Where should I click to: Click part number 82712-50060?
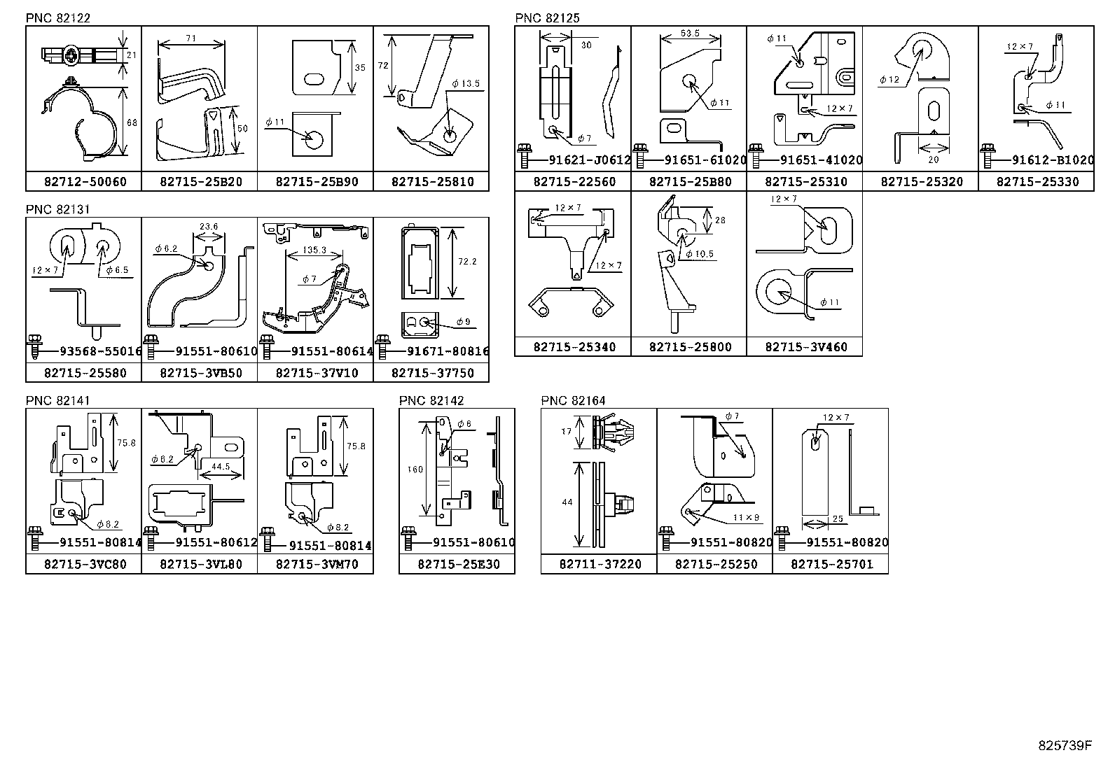pos(84,182)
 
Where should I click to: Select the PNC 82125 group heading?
pos(547,18)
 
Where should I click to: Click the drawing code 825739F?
pos(1064,745)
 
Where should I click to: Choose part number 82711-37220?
pos(600,564)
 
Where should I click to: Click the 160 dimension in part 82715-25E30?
pos(415,470)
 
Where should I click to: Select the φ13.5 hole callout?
pos(466,83)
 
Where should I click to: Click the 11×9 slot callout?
pos(746,518)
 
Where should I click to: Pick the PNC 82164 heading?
pos(573,401)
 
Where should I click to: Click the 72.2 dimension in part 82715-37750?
pos(466,261)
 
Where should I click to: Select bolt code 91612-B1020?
pos(1052,160)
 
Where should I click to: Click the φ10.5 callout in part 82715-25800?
pos(700,254)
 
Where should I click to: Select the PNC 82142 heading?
pos(431,401)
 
